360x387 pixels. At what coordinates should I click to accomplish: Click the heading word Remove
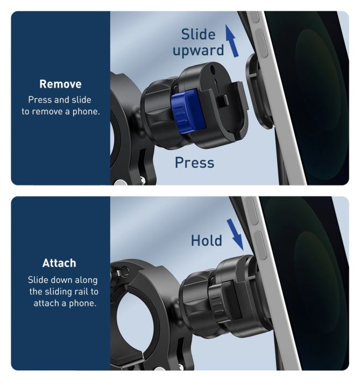coord(60,84)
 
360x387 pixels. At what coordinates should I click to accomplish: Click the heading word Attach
coord(59,263)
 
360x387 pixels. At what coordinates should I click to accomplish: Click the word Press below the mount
coord(194,162)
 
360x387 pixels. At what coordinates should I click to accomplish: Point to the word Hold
coord(207,240)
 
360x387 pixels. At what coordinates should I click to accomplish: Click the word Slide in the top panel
coord(198,35)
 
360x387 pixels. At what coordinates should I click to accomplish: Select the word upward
coord(198,51)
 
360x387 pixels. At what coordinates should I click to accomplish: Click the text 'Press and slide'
coord(60,100)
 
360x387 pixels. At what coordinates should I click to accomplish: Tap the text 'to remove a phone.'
coord(60,112)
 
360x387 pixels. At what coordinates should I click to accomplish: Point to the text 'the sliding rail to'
coord(63,291)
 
